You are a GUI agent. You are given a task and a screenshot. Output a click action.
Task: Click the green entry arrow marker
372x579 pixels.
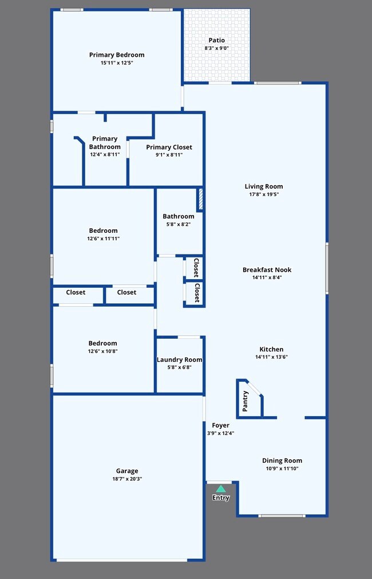(x=221, y=488)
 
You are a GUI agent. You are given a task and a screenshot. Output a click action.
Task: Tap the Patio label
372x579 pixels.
(x=216, y=40)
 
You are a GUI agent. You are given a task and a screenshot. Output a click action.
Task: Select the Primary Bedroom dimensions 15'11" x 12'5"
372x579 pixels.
(x=117, y=62)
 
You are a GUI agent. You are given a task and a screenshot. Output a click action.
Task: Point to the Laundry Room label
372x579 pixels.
(x=180, y=360)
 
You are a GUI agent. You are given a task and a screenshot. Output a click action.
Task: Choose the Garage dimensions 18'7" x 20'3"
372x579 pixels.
(x=127, y=478)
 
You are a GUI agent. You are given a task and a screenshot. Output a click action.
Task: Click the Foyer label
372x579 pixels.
(x=221, y=425)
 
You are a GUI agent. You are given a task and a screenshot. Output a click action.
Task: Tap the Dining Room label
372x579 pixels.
(x=282, y=460)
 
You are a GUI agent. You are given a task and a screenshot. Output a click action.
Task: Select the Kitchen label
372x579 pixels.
(x=271, y=349)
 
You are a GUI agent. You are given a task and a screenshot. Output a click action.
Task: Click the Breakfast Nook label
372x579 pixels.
(x=267, y=269)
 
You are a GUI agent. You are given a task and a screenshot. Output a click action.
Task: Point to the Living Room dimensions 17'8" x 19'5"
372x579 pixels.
(x=264, y=194)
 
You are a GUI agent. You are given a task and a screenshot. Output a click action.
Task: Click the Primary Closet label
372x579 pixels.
(x=169, y=147)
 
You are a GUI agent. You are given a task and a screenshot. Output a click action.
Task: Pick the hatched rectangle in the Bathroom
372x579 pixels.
(x=200, y=199)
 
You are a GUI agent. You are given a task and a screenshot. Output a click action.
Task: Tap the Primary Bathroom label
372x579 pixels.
(x=105, y=143)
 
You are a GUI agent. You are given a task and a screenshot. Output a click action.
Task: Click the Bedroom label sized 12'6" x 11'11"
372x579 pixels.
(x=103, y=230)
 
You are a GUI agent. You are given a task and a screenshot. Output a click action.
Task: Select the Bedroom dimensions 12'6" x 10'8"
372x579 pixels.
(x=103, y=351)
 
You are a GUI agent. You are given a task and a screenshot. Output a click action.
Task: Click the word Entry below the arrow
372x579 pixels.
(x=221, y=498)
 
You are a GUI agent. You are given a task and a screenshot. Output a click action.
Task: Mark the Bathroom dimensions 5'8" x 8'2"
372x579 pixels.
(x=178, y=224)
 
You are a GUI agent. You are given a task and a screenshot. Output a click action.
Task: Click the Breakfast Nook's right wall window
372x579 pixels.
(x=327, y=268)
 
